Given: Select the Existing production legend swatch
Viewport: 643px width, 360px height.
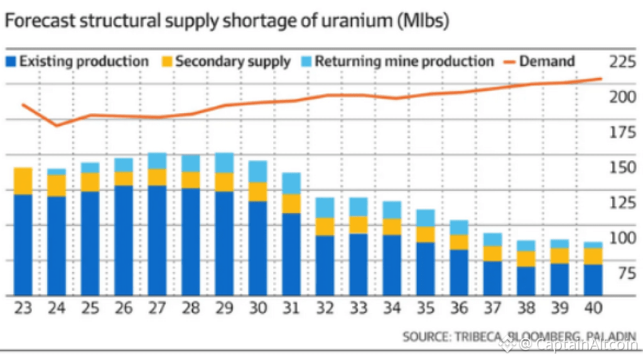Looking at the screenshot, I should pyautogui.click(x=11, y=62).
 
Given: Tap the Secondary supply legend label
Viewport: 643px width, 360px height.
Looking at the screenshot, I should pyautogui.click(x=232, y=62).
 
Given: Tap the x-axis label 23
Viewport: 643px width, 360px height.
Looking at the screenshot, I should pyautogui.click(x=23, y=309).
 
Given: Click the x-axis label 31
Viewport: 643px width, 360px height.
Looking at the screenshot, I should pyautogui.click(x=291, y=309).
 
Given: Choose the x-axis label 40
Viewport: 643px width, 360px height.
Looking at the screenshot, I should pyautogui.click(x=593, y=309).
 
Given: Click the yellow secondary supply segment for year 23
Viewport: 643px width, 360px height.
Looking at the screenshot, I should pyautogui.click(x=23, y=181).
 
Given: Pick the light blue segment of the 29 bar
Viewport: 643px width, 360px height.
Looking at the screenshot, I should pyautogui.click(x=224, y=162).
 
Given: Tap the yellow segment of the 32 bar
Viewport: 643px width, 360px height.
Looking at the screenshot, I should pyautogui.click(x=324, y=226).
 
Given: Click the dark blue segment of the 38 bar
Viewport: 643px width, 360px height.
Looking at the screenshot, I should pyautogui.click(x=526, y=281).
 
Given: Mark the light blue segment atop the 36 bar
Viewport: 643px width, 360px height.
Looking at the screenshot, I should pyautogui.click(x=458, y=227).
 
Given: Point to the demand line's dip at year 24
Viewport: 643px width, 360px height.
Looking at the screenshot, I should pyautogui.click(x=57, y=125).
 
